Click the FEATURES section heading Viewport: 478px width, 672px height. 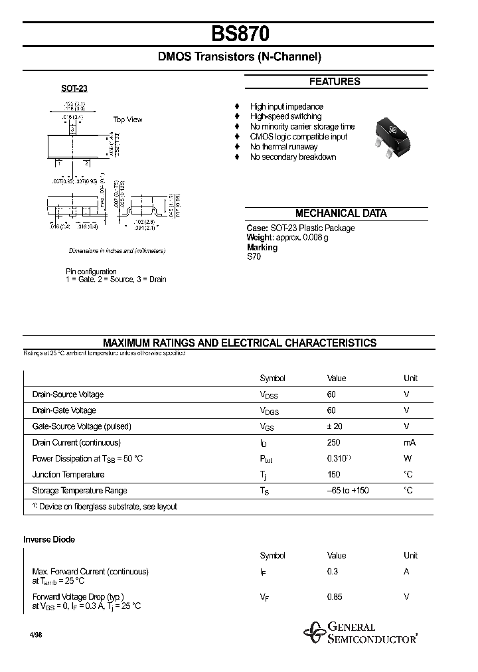(335, 82)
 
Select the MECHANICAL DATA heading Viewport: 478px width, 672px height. (341, 214)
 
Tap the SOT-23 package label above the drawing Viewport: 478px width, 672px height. (74, 88)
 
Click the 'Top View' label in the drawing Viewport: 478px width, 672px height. (127, 120)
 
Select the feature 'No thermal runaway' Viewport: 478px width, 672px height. (283, 147)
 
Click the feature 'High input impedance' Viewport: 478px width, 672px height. (286, 106)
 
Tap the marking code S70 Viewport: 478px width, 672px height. (254, 256)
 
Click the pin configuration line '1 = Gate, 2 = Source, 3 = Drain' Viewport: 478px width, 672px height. (116, 280)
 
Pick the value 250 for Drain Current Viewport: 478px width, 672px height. (333, 442)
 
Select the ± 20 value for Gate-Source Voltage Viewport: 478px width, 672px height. (335, 426)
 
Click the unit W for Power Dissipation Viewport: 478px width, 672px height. (408, 458)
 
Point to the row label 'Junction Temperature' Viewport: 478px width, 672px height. (68, 474)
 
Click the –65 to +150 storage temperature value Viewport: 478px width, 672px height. (347, 490)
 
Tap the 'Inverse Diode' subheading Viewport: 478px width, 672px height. (49, 539)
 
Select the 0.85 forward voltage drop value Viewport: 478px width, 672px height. (335, 596)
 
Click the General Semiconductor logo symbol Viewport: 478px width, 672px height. (311, 633)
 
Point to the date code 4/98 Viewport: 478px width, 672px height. (36, 634)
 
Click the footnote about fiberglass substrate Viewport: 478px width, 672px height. (105, 507)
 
